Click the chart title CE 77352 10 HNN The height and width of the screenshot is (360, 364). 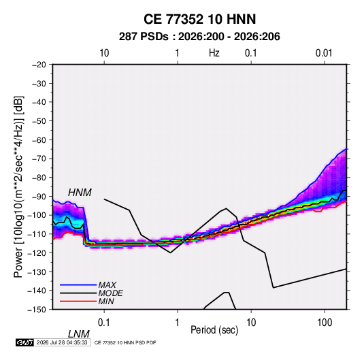pos(199,19)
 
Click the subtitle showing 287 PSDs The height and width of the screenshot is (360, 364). pos(199,37)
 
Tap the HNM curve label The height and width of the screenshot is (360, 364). pos(80,193)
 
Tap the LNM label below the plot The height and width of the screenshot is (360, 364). pos(78,334)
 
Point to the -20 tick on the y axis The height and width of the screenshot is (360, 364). pos(39,65)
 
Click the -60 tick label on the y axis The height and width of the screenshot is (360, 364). pos(39,140)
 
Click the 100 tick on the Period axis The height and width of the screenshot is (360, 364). pos(325,323)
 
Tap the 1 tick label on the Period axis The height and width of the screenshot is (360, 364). pos(178,323)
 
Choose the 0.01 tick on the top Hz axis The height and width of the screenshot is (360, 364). pos(324,53)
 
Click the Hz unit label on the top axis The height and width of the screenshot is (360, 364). pos(214,53)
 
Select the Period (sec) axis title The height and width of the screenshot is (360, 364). pos(214,330)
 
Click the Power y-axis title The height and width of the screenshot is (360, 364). pos(18,186)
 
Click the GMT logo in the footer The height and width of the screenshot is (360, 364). pos(25,342)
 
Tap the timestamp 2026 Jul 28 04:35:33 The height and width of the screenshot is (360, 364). pos(62,342)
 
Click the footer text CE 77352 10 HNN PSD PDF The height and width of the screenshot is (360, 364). pos(125,342)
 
